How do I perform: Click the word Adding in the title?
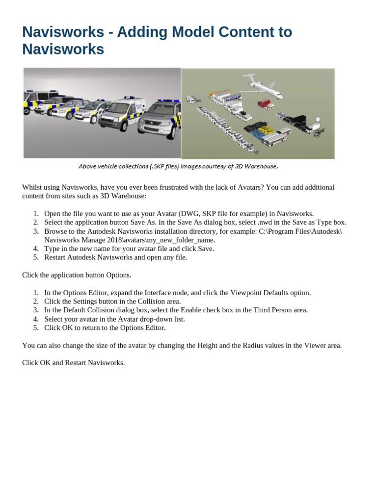pyautogui.click(x=138, y=32)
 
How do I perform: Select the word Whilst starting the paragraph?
pyautogui.click(x=32, y=187)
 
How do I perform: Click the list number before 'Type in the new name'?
pyautogui.click(x=36, y=249)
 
